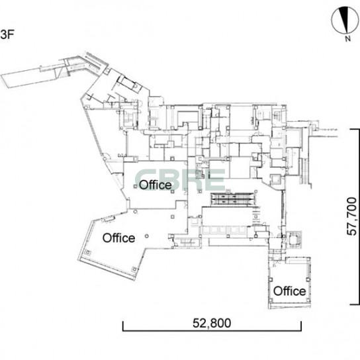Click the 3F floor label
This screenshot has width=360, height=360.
coord(7,34)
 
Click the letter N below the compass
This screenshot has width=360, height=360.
coord(348,39)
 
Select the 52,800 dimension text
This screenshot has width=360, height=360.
coord(212,323)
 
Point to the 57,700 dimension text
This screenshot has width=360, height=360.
coord(351,216)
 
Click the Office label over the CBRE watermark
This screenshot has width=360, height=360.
coord(156,185)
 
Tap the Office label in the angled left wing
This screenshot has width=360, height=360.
coord(118,238)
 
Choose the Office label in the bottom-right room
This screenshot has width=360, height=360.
coord(289,291)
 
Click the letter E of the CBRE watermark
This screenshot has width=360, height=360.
coord(216,179)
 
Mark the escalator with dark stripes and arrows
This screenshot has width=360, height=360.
coord(233,199)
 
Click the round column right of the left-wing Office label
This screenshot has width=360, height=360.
coord(147,236)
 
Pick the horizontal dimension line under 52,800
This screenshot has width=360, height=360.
coord(212,330)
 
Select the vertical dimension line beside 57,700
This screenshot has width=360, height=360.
coord(359,217)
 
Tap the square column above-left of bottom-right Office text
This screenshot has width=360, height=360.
coord(271,280)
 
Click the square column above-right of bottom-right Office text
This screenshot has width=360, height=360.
coord(308,280)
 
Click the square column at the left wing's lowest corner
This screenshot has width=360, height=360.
coord(134,269)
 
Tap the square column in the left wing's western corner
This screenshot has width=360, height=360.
coord(87,252)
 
